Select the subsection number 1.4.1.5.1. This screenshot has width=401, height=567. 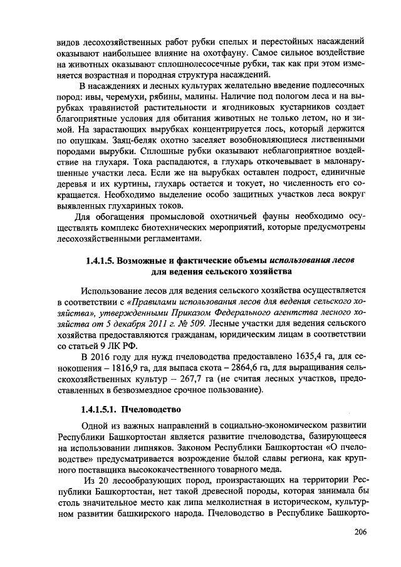point(96,411)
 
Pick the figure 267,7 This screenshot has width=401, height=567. point(164,381)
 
